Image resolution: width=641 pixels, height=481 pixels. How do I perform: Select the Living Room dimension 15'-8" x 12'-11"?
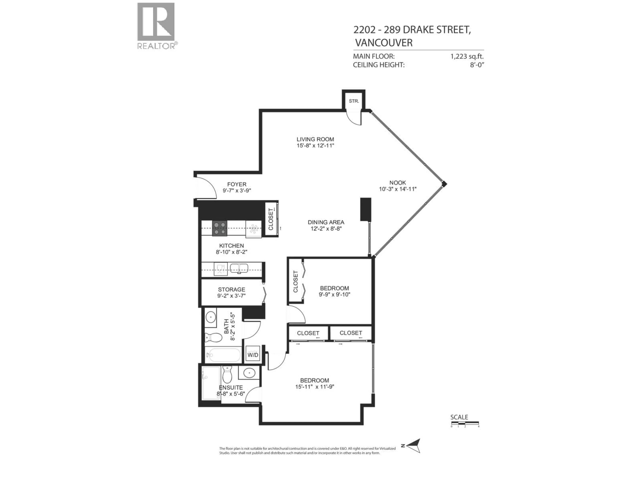point(315,145)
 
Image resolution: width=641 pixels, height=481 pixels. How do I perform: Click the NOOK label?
point(398,183)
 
